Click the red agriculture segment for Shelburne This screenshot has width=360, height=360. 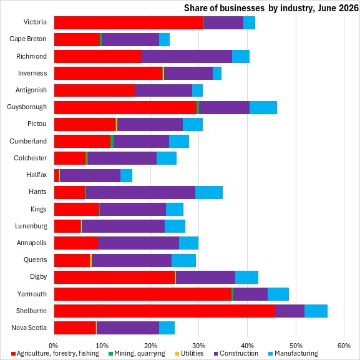165,311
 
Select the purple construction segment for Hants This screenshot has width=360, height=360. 140,192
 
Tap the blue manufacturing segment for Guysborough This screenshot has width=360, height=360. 263,107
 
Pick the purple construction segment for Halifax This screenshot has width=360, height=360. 90,176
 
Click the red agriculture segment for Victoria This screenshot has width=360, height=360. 129,22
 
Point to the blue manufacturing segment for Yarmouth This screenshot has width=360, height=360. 278,294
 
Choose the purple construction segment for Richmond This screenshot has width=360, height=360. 187,56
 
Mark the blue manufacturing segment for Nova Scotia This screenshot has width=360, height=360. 167,328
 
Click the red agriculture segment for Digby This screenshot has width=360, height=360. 115,277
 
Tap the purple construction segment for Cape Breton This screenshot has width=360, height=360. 130,39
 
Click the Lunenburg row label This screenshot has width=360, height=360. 31,226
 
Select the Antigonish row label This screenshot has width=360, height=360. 31,90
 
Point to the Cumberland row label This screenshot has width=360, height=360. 28,141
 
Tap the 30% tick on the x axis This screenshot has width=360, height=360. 198,346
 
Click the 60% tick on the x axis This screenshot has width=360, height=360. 344,346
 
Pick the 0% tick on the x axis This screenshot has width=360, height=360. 54,346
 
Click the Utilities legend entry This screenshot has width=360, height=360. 189,353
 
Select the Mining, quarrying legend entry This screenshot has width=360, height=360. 137,353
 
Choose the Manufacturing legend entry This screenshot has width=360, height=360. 293,353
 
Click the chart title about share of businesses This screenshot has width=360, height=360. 271,8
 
